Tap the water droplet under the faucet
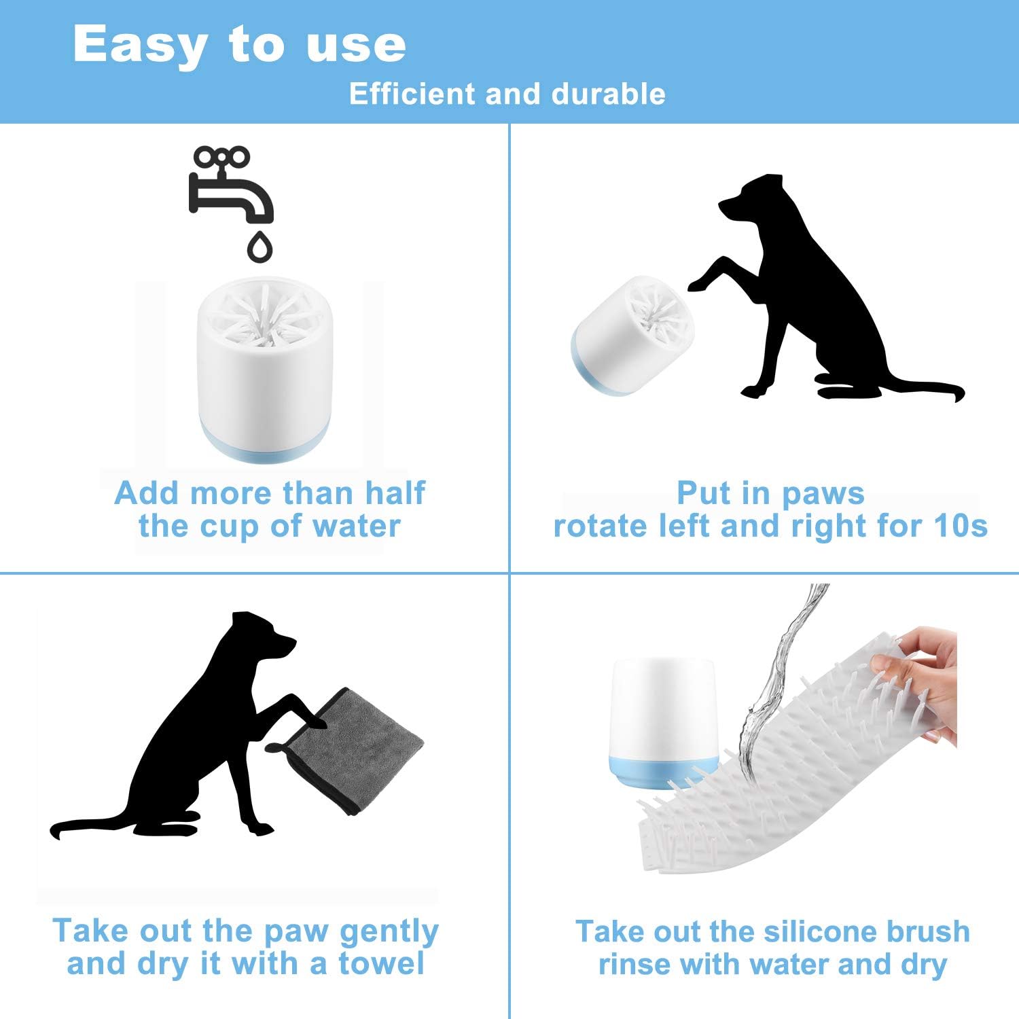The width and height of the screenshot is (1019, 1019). (x=260, y=247)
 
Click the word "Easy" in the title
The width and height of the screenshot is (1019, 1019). (x=140, y=45)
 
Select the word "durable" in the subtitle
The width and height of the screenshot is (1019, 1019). (x=609, y=94)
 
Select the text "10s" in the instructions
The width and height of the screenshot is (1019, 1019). (x=961, y=526)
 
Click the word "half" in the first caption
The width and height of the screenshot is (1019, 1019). (x=395, y=493)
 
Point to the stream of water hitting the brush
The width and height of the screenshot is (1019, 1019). (x=781, y=679)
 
